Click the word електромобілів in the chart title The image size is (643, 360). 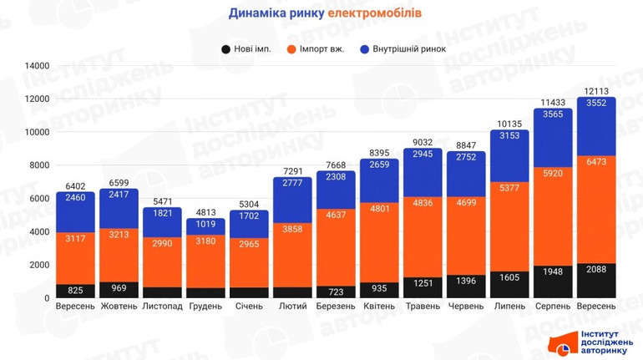(375, 13)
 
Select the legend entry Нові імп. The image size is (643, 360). (251, 49)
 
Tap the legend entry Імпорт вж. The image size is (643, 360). (322, 49)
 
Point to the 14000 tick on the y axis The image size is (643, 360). (37, 66)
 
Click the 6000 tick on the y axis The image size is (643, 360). (39, 199)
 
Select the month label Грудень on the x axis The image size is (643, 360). (206, 307)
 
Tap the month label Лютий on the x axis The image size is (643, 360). (293, 307)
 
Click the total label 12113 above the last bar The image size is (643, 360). (595, 90)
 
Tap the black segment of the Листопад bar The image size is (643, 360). (162, 292)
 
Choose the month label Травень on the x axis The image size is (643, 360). (423, 307)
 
